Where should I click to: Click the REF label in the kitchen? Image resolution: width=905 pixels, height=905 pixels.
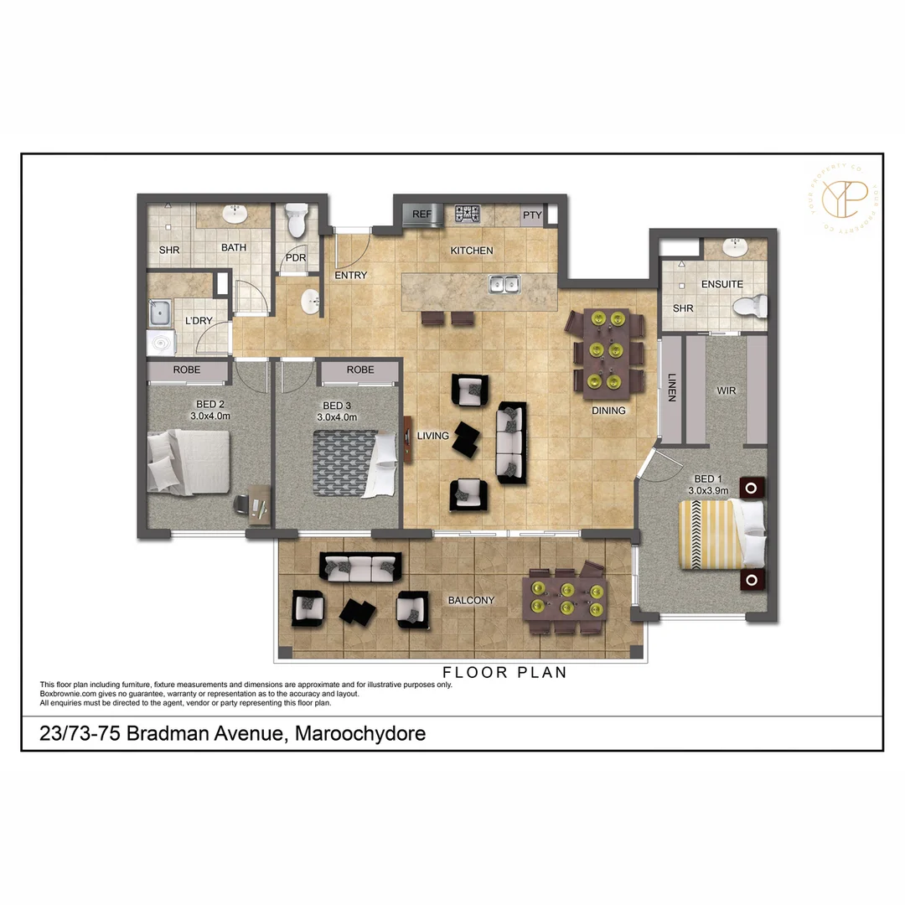pos(422,215)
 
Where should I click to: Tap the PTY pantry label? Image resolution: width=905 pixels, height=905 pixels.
pos(532,215)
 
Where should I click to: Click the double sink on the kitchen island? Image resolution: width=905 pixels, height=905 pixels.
pos(503,285)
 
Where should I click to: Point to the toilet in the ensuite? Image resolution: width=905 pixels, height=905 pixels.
pos(751,307)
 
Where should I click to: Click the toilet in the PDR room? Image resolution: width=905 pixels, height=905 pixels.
pos(295,220)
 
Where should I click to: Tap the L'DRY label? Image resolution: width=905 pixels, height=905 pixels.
pos(198,321)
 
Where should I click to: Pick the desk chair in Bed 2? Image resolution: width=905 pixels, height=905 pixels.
pos(242,504)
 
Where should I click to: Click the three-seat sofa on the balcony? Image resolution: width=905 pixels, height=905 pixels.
pos(360,567)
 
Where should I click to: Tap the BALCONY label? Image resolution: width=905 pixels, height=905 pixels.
pos(471,600)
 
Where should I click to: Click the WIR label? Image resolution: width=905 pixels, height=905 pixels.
pos(726,390)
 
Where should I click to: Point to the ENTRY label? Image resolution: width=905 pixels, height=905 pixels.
pos(350,275)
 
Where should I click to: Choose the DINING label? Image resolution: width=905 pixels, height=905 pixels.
pos(608,411)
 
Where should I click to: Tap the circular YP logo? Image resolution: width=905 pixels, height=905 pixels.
pos(843,199)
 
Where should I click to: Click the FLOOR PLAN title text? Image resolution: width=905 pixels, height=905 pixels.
pos(504,672)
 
